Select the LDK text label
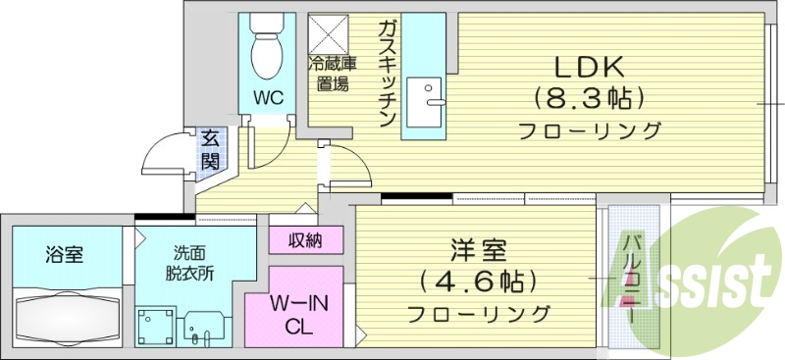pos(590,67)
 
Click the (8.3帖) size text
pos(590,98)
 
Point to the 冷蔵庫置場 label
pos(333,75)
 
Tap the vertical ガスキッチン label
pos(385,74)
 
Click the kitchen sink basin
pos(427,101)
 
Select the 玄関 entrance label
pos(211,149)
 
